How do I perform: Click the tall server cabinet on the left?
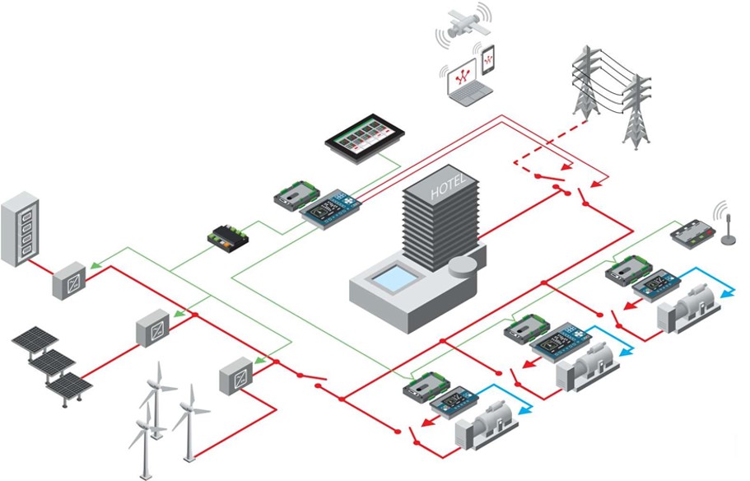pos(20,228)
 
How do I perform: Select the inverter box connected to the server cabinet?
pos(69,280)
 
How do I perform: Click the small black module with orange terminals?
pos(229,235)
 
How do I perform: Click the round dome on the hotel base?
pos(464,268)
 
